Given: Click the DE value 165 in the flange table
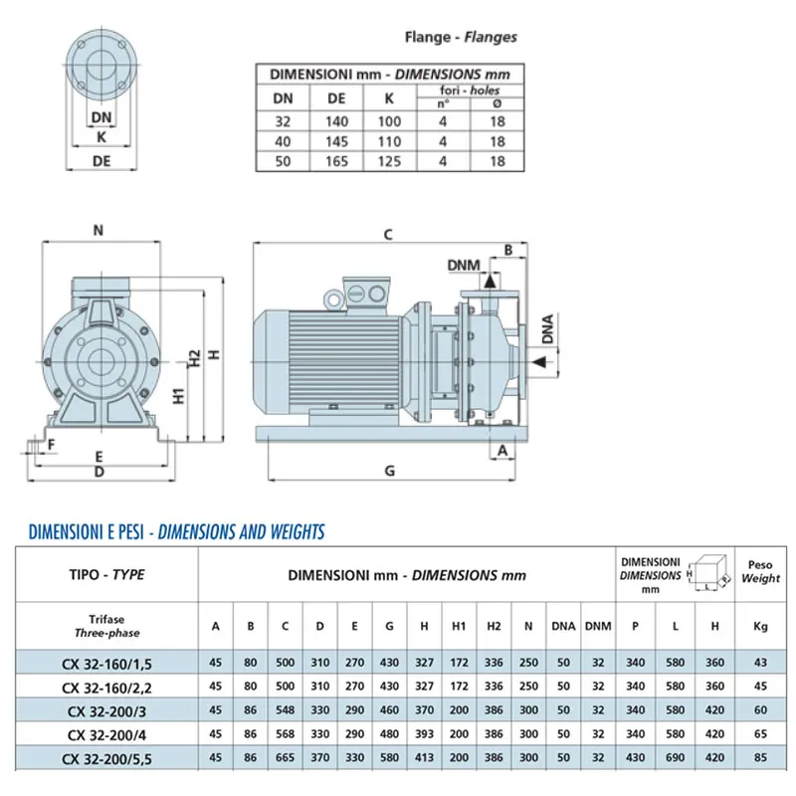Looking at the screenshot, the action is [336, 161].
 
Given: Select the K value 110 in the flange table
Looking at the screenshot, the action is [389, 141].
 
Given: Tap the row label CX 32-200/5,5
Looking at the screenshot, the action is [106, 759].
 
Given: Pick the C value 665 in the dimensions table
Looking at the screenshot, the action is [285, 757].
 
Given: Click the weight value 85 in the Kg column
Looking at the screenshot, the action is [760, 757].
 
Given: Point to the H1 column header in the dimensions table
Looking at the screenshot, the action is [459, 626].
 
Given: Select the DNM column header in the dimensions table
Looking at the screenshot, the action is [598, 626].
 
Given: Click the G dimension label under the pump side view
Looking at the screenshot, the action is [389, 471].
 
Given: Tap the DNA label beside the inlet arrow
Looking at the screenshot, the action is [547, 328].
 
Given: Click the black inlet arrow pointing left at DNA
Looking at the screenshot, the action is [539, 361].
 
